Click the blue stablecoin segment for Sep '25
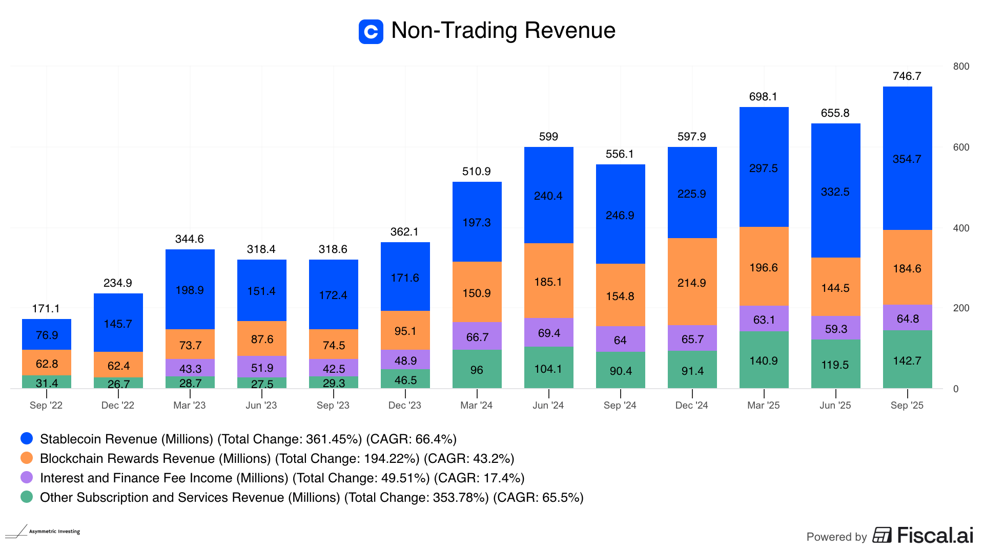point(907,158)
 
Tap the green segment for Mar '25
point(764,360)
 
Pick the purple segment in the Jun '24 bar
point(548,332)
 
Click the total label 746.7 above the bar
point(907,76)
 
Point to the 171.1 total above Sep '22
point(46,309)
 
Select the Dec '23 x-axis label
point(405,406)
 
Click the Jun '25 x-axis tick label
point(835,406)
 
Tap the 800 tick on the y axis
point(961,67)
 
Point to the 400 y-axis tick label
point(961,228)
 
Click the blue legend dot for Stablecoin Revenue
point(27,438)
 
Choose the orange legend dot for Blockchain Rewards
point(27,458)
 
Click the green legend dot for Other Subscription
point(27,497)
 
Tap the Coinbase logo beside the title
point(371,32)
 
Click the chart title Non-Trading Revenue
point(503,31)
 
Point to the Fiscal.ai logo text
point(935,536)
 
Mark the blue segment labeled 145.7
point(118,323)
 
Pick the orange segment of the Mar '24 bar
point(477,292)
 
